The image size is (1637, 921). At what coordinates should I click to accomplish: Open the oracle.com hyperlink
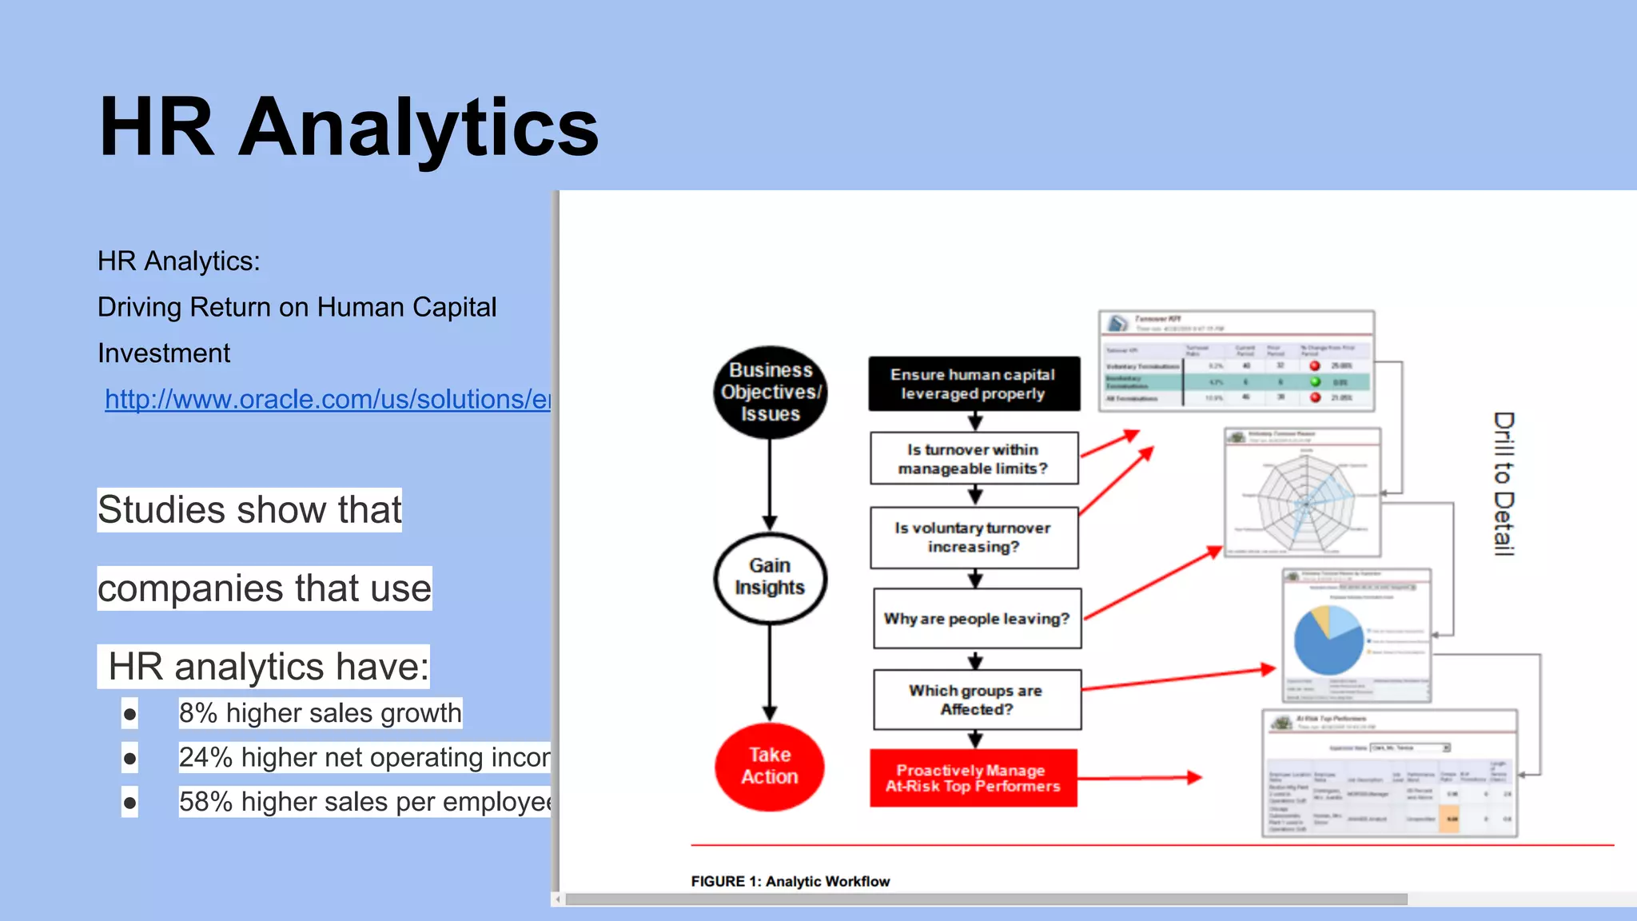click(328, 399)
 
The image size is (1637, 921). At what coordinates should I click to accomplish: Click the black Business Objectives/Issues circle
click(770, 392)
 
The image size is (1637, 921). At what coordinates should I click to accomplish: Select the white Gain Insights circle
click(770, 576)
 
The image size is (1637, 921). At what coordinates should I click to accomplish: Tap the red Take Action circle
click(769, 766)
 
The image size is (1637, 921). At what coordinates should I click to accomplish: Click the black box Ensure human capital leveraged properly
click(974, 384)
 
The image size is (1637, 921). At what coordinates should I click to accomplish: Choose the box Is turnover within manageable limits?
click(974, 459)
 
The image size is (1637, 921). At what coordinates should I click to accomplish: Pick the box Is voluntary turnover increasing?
click(974, 537)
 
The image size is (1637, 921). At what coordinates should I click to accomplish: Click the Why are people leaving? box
click(977, 619)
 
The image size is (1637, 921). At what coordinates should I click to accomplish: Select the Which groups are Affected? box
click(977, 700)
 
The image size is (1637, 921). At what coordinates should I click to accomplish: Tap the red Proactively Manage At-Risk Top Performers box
click(973, 778)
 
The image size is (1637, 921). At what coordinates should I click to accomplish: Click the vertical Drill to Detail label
click(1504, 484)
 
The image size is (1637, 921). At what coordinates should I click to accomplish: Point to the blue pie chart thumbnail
click(1328, 640)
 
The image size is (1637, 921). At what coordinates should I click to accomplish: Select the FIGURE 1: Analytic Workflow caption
click(790, 881)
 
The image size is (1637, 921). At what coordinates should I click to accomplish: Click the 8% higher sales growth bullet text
click(320, 713)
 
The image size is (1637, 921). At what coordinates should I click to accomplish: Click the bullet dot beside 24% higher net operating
click(129, 758)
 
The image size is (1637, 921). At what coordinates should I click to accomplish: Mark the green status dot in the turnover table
click(1315, 381)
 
